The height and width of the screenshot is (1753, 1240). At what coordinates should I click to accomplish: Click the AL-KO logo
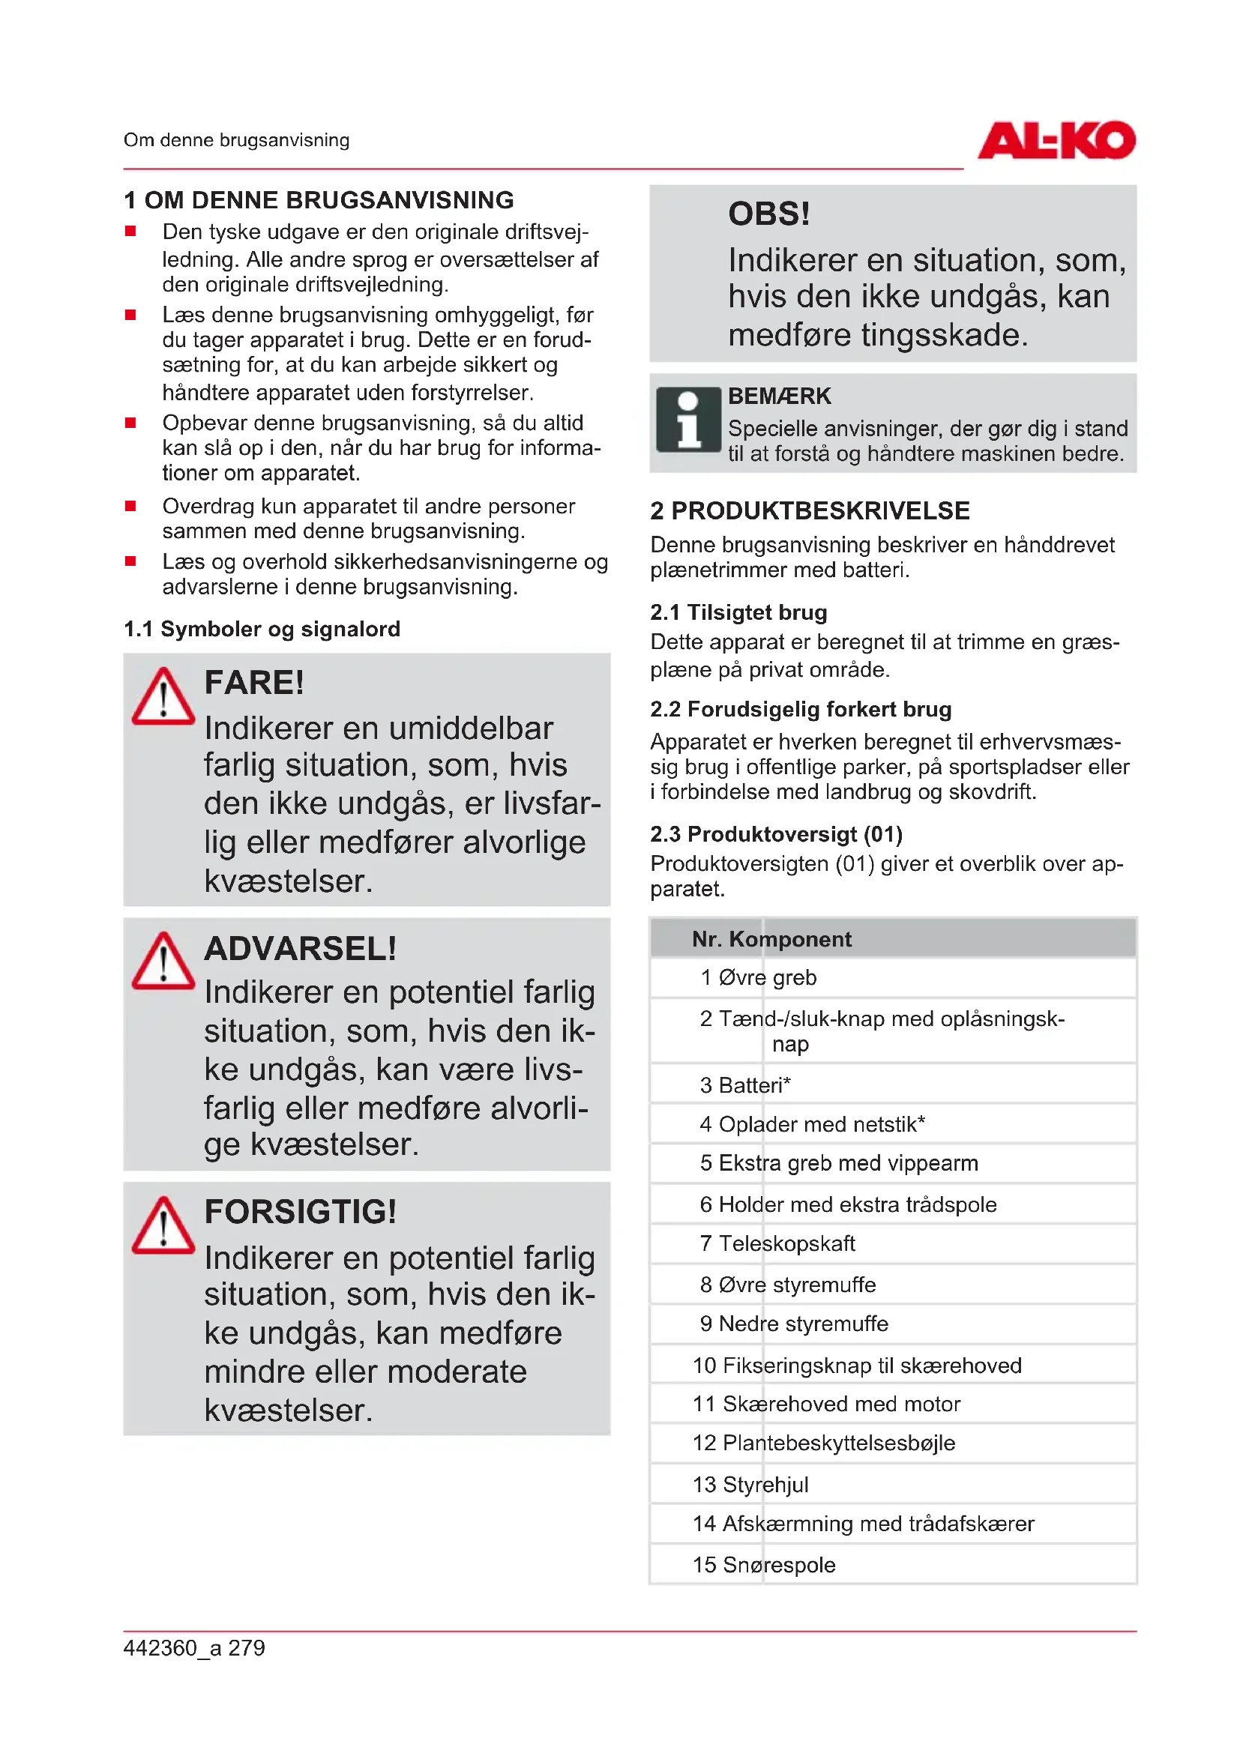(1056, 141)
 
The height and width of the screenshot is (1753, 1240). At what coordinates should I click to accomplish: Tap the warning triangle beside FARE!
(163, 697)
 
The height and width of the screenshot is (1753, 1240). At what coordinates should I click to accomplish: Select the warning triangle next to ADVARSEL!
(163, 962)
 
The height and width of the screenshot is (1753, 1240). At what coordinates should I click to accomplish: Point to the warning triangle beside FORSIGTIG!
(163, 1226)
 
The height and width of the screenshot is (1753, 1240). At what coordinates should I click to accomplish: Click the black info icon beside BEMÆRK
(688, 420)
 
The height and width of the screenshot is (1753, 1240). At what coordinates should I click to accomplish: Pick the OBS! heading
(769, 214)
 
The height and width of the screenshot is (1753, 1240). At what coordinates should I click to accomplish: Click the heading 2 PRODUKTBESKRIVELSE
(810, 511)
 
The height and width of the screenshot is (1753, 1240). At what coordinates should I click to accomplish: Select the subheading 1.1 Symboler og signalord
(262, 629)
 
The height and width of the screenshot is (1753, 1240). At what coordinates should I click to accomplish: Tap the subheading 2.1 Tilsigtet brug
(738, 612)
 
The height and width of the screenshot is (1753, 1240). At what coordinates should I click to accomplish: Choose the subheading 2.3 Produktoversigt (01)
(776, 833)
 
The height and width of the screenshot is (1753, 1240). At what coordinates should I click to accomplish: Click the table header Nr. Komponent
(771, 939)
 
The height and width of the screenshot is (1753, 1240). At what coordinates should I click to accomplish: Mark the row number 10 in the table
(704, 1365)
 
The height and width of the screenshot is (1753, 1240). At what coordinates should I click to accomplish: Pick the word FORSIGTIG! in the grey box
(300, 1212)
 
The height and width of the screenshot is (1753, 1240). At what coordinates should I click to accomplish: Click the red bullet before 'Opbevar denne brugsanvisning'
(130, 423)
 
